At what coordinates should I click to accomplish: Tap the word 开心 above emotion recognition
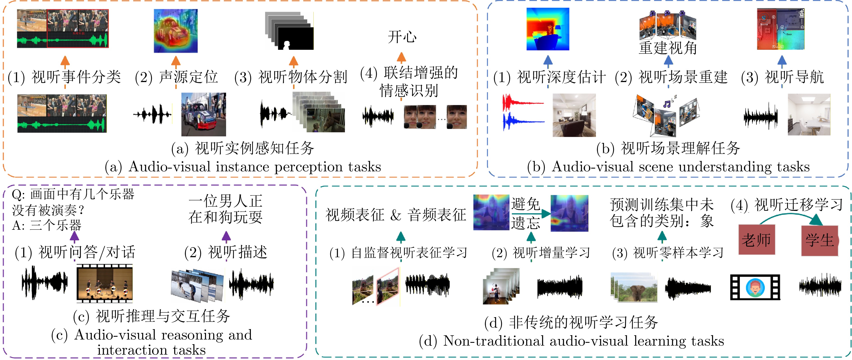(402, 37)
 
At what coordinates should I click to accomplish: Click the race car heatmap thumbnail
(176, 31)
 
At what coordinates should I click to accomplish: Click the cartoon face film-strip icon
(755, 287)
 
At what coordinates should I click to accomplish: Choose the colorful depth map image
(548, 29)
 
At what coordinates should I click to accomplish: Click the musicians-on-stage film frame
(105, 283)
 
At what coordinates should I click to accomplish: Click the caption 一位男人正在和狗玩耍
(226, 209)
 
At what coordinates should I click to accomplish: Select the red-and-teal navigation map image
(780, 29)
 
